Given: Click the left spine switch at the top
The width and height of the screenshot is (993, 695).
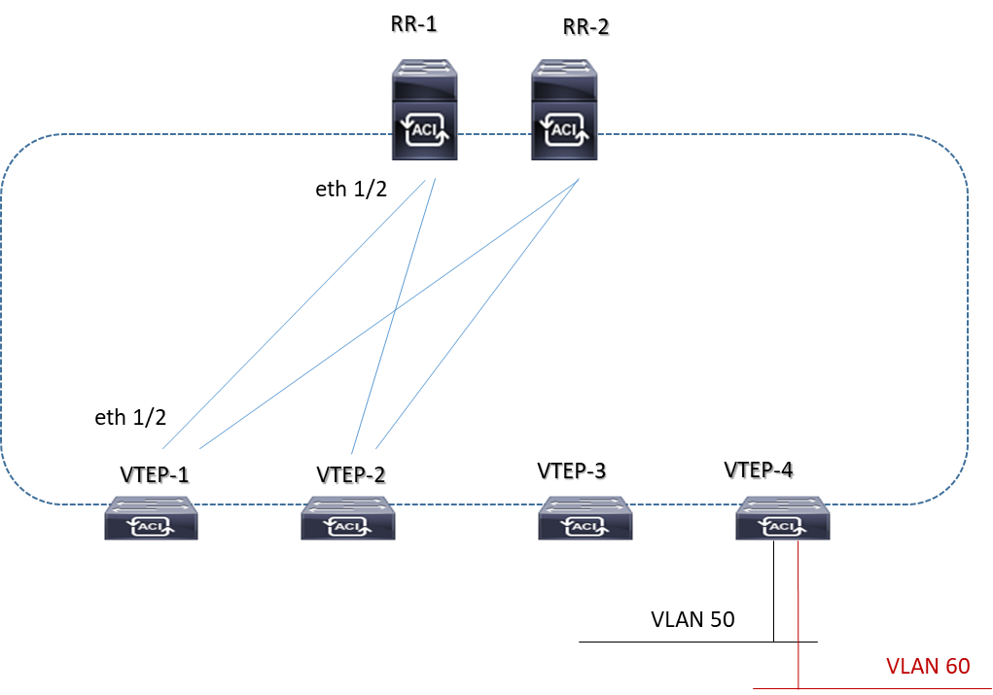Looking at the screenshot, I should point(425,109).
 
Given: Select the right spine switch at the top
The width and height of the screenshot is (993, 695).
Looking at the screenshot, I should point(564,109).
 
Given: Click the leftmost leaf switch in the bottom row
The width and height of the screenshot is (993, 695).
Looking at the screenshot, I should point(152,518).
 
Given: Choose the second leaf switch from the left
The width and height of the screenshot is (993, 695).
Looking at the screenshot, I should point(348,518).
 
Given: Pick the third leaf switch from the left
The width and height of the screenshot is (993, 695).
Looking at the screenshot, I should point(585,518).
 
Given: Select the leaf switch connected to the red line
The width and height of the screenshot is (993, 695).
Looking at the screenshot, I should point(783,518).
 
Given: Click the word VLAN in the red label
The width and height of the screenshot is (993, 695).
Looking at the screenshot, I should point(912,667).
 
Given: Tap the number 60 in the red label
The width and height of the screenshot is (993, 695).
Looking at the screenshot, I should point(957,667).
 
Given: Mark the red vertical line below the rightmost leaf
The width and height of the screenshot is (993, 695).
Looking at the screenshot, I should point(798,612).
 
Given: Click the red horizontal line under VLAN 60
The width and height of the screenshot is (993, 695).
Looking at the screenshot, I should point(875,689).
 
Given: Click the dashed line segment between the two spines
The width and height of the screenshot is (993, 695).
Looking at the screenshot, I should point(494,134).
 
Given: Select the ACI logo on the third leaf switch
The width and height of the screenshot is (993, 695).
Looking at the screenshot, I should point(585,527).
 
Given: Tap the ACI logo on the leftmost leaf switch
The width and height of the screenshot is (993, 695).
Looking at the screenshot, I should point(152,527).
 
